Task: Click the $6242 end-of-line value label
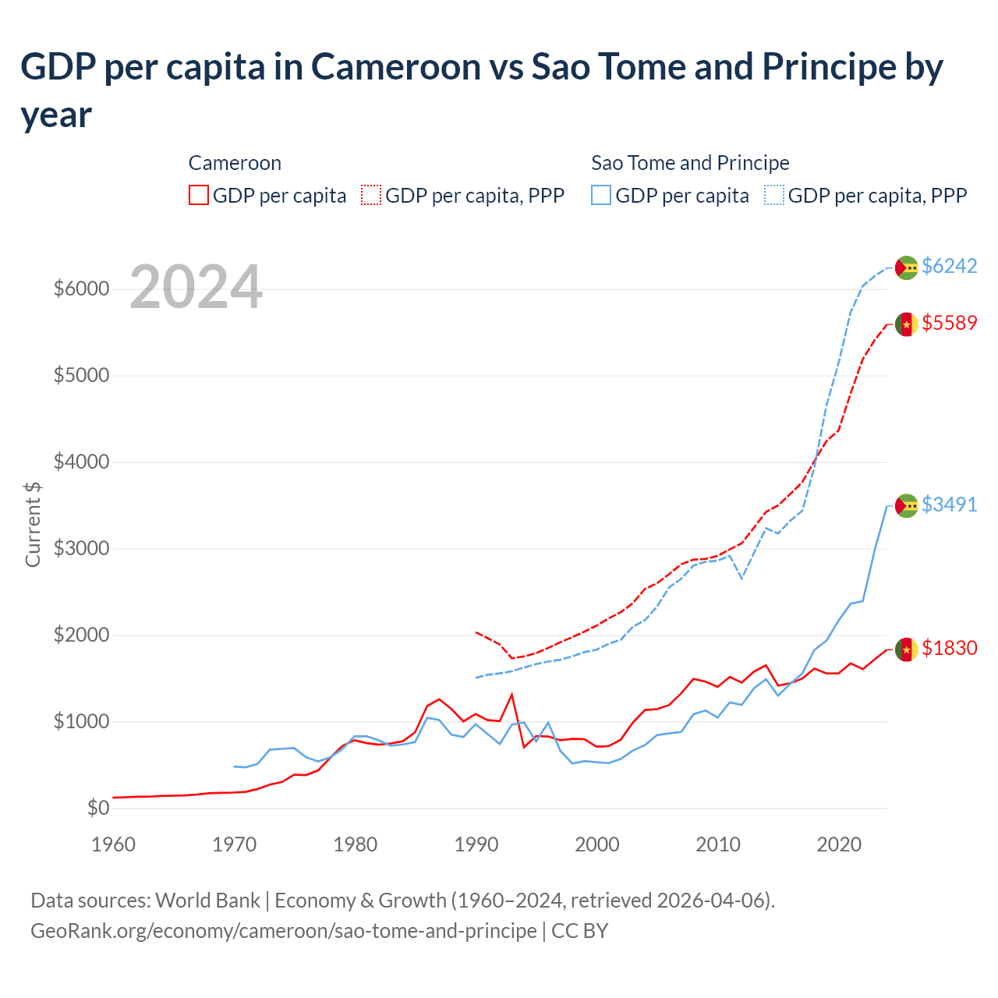[949, 266]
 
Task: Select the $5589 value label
[949, 323]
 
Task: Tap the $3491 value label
[949, 504]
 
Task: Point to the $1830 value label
[949, 648]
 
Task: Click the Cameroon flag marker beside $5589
[906, 324]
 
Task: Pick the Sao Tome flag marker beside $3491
[906, 505]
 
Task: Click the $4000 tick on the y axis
[81, 462]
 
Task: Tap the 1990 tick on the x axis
[476, 844]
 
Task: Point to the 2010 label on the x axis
[717, 844]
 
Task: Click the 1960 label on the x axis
[114, 844]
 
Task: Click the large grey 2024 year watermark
[196, 287]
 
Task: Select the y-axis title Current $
[33, 524]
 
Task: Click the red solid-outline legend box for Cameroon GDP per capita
[199, 195]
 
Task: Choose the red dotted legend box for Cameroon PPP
[371, 195]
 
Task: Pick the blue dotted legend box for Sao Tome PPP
[774, 195]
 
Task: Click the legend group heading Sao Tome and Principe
[690, 163]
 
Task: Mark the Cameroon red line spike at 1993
[512, 694]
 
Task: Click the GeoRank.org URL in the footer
[283, 931]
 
